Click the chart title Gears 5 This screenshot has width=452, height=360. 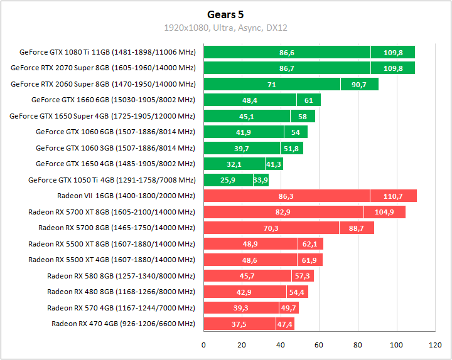[x=225, y=14]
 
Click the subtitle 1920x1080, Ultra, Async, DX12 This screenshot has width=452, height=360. [x=225, y=28]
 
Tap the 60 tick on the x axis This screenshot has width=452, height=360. [x=319, y=344]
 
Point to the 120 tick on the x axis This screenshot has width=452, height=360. [x=435, y=344]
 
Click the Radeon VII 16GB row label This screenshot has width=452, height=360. [x=126, y=196]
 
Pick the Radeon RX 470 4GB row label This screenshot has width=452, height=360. [x=123, y=324]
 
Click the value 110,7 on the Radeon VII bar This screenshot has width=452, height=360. [x=393, y=196]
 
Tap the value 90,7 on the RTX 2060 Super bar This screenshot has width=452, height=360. [x=359, y=84]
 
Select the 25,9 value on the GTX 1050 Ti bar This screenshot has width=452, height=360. [x=229, y=180]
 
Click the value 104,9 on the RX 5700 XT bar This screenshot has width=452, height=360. [x=384, y=212]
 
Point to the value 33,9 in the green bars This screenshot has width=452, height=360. [x=261, y=180]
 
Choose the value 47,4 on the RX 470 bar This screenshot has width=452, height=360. [x=285, y=324]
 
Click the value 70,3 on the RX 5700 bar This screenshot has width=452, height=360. [x=271, y=228]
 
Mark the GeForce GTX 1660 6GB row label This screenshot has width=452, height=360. [x=113, y=100]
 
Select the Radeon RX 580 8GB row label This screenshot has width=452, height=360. [x=121, y=276]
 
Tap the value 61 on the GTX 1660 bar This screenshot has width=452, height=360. [x=309, y=100]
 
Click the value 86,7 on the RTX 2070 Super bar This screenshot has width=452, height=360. [x=287, y=68]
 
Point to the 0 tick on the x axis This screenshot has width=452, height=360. [x=203, y=344]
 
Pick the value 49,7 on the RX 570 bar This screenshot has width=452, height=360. [x=289, y=308]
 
